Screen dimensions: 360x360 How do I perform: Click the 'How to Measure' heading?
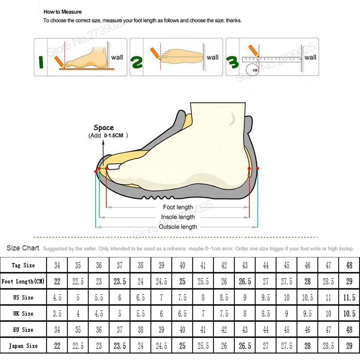pos(63,12)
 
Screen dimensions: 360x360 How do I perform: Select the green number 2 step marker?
pos(136,61)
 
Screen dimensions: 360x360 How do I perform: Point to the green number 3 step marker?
pos(232,62)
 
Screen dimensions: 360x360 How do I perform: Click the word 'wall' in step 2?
pos(212,57)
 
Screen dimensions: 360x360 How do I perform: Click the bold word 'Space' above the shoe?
pos(104,128)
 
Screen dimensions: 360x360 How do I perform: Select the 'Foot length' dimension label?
pos(178,207)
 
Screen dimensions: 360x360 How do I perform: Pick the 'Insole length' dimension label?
pos(178,217)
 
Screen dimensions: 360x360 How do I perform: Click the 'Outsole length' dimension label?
pos(178,227)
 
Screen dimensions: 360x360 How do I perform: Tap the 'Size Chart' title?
pos(23,248)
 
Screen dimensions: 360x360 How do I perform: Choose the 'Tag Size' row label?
pos(23,265)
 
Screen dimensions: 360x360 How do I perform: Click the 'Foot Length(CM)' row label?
pos(23,282)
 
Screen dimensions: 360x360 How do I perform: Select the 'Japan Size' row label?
pos(23,346)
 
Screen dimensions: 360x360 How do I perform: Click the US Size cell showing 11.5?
pos(349,298)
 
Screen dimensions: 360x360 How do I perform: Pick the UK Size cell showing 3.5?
pos(57,314)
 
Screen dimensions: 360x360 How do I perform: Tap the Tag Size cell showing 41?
pos(203,266)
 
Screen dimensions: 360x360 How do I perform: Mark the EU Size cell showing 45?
pos(287,330)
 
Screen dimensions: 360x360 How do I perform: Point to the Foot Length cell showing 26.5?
pos(245,282)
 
